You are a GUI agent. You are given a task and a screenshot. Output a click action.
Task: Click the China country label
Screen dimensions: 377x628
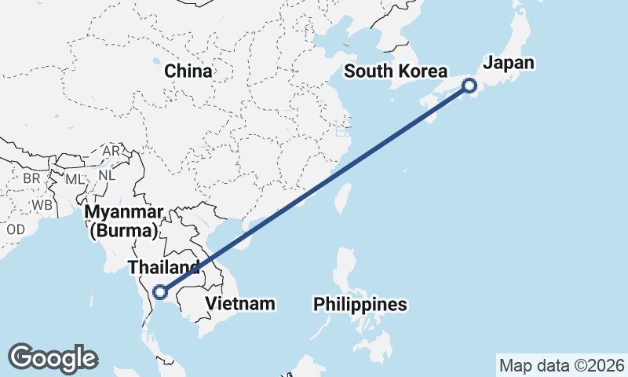click(x=188, y=71)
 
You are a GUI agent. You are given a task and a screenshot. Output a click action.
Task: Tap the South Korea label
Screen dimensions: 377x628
click(x=396, y=71)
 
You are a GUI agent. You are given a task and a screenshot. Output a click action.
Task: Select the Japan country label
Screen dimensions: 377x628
click(x=508, y=64)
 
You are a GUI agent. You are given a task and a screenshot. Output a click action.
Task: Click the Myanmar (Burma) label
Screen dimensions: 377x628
click(x=126, y=213)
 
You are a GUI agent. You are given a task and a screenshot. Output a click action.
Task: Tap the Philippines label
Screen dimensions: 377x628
click(x=360, y=304)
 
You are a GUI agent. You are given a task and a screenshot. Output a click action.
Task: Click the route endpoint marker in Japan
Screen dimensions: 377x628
click(x=469, y=86)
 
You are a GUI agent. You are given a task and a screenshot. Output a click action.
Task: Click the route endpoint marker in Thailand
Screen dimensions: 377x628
click(x=160, y=292)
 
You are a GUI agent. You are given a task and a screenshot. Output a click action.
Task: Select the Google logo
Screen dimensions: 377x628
click(x=53, y=358)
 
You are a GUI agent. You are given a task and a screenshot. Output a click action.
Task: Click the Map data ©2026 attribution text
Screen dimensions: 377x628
click(x=561, y=365)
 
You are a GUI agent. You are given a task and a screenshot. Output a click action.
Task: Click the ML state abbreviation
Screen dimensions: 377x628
click(x=74, y=179)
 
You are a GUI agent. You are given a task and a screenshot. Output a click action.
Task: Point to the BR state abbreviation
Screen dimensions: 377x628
click(x=31, y=178)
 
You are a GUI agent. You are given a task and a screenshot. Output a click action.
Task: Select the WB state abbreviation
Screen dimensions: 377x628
click(x=42, y=206)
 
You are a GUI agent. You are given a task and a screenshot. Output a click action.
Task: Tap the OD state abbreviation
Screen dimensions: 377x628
click(x=15, y=229)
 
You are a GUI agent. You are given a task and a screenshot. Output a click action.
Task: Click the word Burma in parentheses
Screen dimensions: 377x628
click(x=126, y=231)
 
